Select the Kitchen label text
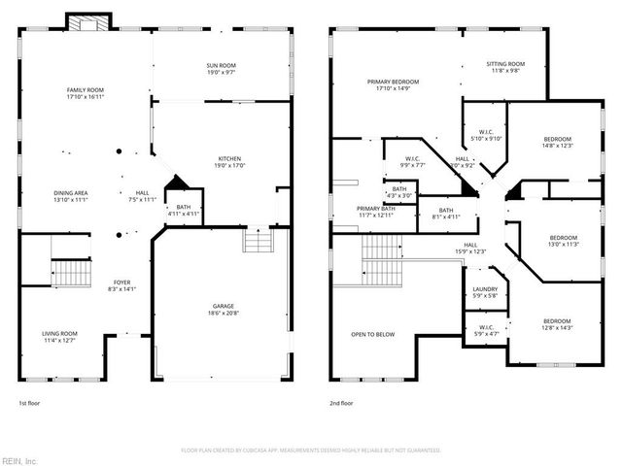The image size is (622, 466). [x=229, y=159]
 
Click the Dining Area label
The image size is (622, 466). [x=70, y=193]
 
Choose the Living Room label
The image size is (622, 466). [x=59, y=334]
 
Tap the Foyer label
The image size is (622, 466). [x=121, y=282]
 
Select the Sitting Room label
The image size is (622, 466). [x=505, y=64]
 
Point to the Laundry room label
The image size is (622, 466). [x=485, y=289]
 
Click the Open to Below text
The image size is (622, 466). [x=373, y=334]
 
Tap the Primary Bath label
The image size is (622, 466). [x=375, y=209]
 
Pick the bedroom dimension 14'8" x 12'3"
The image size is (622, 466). [x=557, y=146]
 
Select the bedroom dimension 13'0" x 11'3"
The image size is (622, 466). [x=564, y=244]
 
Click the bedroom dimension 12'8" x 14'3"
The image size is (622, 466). [x=557, y=327]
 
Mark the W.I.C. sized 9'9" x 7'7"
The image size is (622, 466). [x=411, y=165]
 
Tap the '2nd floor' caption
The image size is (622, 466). [x=341, y=402]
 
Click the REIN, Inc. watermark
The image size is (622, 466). [x=18, y=459]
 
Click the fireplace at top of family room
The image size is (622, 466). [x=81, y=22]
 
